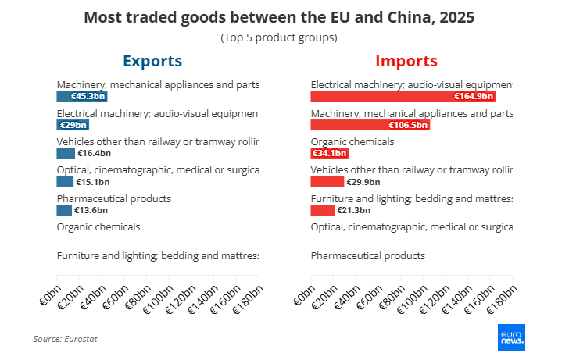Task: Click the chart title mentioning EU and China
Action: (279, 17)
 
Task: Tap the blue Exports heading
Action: (152, 61)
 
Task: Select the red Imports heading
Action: (406, 61)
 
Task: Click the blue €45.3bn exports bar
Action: (81, 97)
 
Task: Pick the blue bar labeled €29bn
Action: (73, 125)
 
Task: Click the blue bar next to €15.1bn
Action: (64, 182)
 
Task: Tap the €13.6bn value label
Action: (92, 210)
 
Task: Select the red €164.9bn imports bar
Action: (403, 97)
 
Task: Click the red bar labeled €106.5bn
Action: (370, 125)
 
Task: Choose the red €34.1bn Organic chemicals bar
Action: (329, 153)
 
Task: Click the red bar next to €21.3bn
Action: (322, 210)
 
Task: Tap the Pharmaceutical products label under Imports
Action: (368, 255)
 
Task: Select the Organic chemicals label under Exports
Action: (98, 226)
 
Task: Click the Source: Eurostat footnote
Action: (65, 339)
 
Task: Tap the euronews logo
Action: (511, 337)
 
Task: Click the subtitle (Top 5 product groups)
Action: (279, 37)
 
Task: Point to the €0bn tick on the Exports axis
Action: (50, 297)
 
